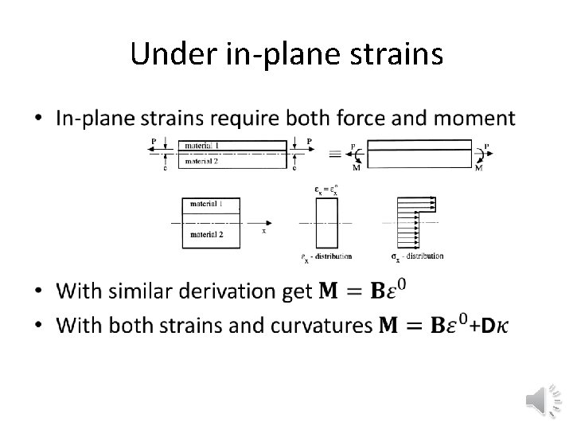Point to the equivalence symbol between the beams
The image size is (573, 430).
pyautogui.click(x=335, y=154)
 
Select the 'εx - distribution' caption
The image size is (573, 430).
pyautogui.click(x=326, y=256)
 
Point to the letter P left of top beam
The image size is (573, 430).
pyautogui.click(x=153, y=141)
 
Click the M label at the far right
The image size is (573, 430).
pyautogui.click(x=478, y=168)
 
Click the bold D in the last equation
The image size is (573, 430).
pyautogui.click(x=489, y=325)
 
